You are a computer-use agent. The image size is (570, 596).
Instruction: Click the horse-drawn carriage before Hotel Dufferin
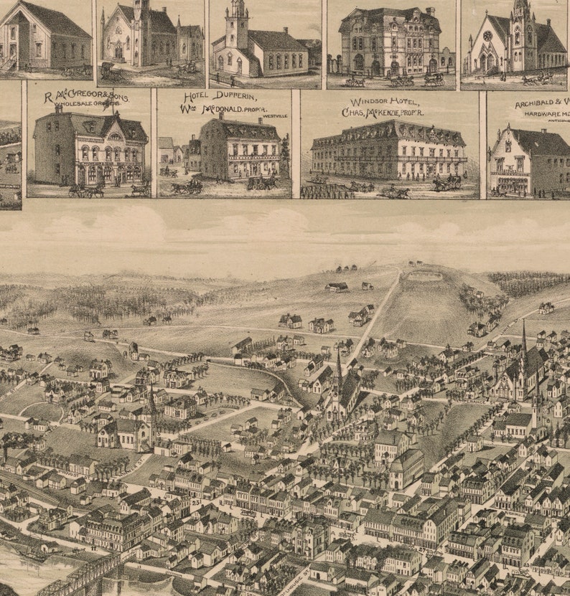[x=187, y=187]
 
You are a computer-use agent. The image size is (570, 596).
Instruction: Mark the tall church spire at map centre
[x=338, y=373]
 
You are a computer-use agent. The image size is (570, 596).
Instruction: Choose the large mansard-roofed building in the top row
[x=389, y=42]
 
